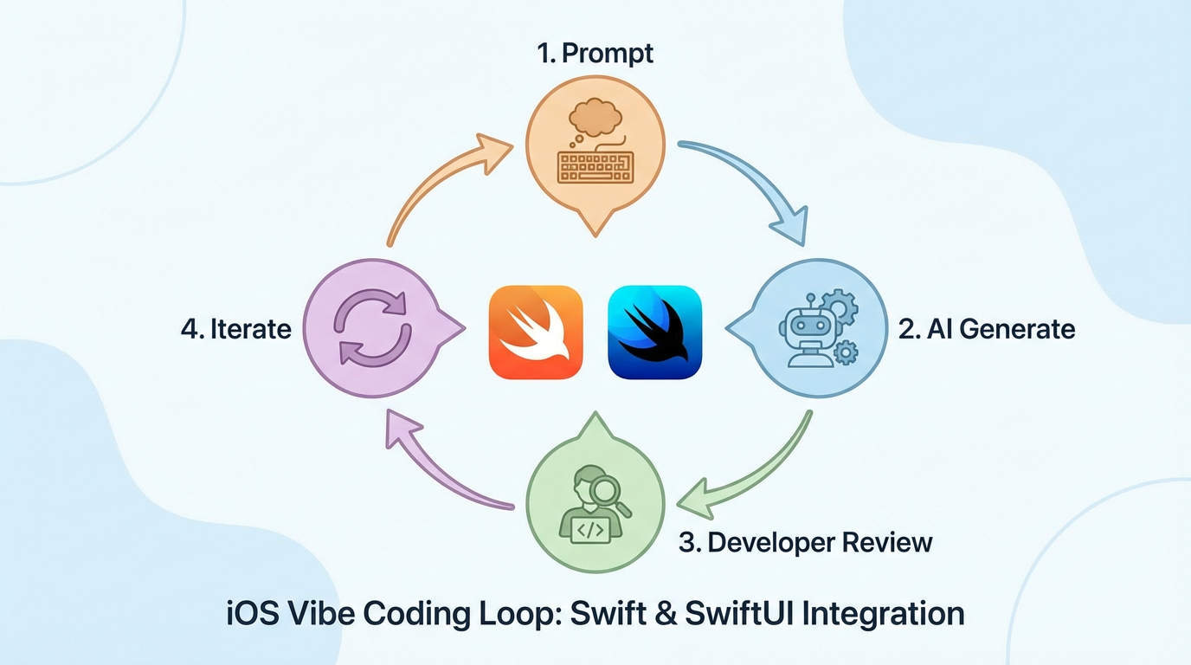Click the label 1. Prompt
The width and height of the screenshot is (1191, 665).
595,53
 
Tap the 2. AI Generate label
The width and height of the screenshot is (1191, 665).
987,329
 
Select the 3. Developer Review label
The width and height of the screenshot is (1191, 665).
806,543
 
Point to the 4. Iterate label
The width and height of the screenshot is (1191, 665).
236,330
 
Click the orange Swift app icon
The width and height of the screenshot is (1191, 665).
536,332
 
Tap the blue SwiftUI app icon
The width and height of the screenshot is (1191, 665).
654,332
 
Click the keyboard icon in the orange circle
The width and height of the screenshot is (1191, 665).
595,166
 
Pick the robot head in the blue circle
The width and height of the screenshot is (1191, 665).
799,327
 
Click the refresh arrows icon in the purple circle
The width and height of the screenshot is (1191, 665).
370,328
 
